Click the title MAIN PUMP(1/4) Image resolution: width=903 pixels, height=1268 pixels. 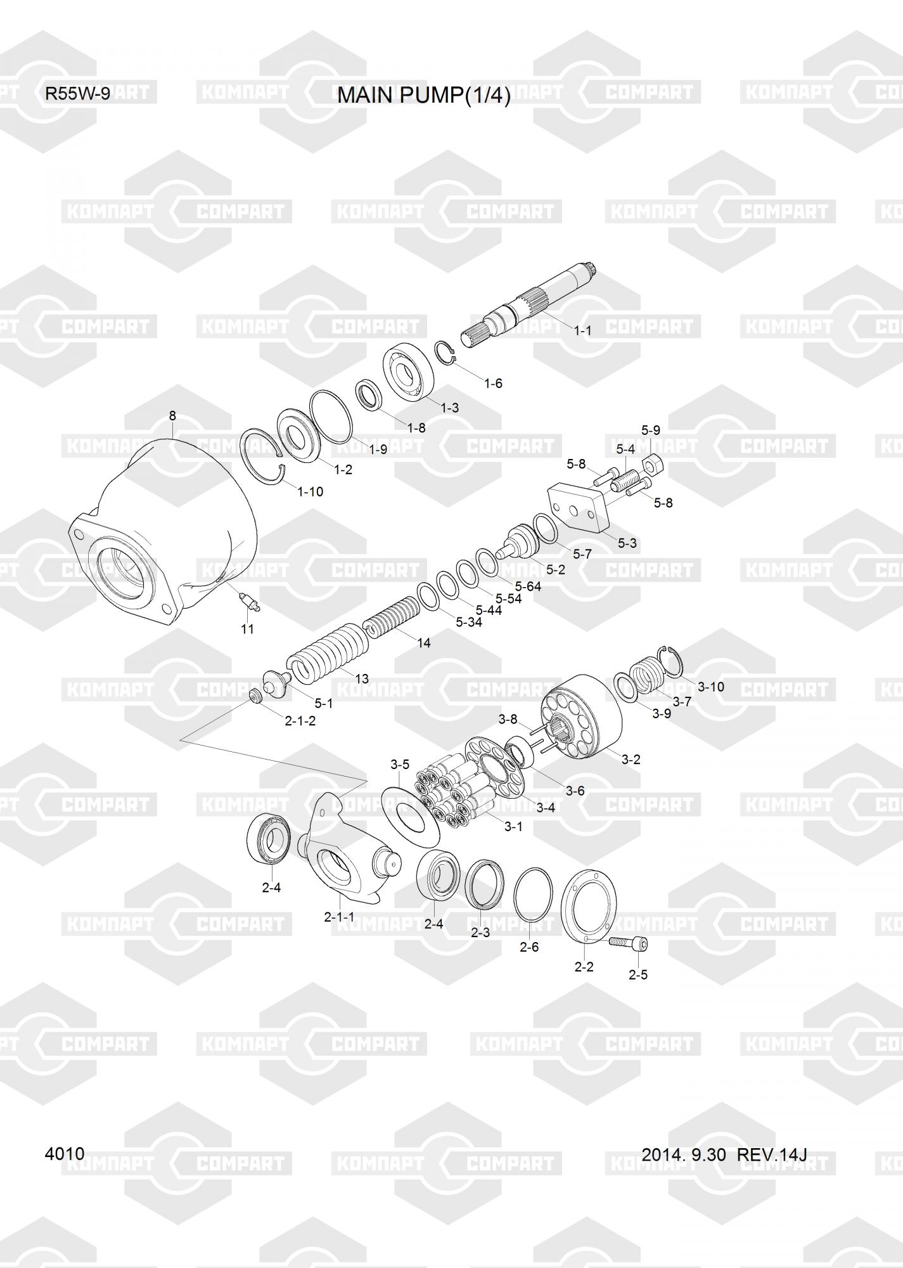[x=423, y=95]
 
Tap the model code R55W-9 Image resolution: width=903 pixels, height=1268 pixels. [x=77, y=94]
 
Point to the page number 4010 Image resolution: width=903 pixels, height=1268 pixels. [x=65, y=1153]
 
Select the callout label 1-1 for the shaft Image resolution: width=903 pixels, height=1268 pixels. [x=582, y=330]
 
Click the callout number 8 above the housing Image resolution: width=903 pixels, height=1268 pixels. [x=172, y=416]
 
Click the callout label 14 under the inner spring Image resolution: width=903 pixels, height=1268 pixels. [x=424, y=643]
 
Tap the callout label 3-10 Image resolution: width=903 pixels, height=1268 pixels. [x=710, y=687]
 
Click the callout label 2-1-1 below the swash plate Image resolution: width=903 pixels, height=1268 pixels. [x=340, y=917]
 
